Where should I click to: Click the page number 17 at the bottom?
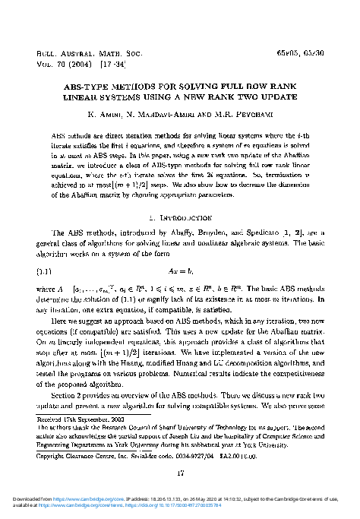pos(180,476)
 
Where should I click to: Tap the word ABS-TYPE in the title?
pos(78,87)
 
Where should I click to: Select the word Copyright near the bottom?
pos(52,456)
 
